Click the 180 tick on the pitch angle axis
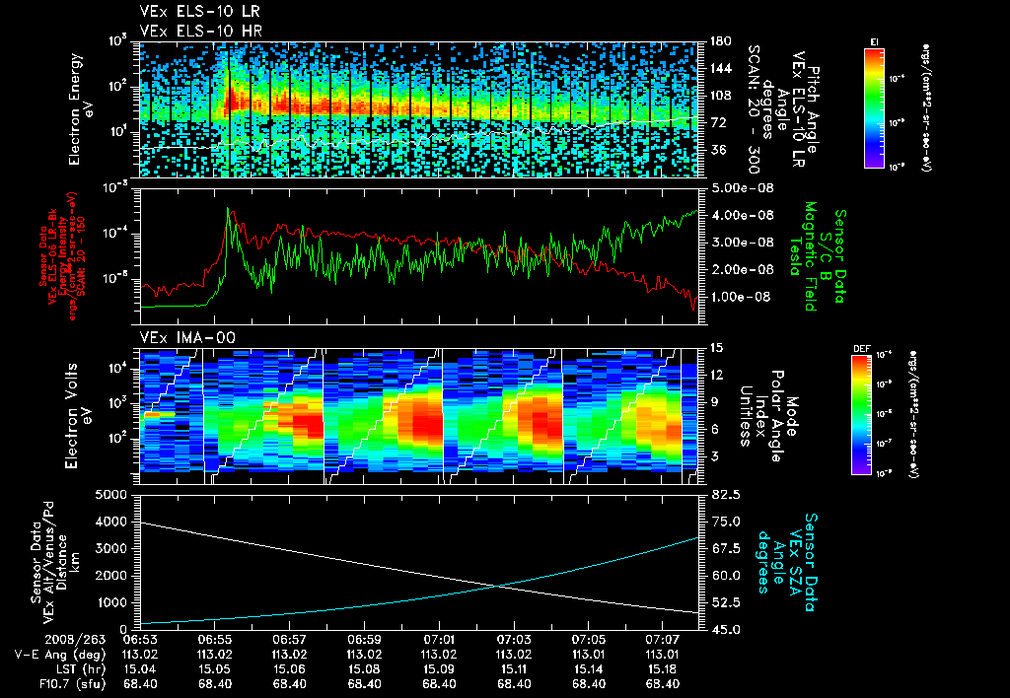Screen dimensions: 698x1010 click(x=718, y=41)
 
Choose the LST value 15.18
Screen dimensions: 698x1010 click(x=664, y=668)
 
